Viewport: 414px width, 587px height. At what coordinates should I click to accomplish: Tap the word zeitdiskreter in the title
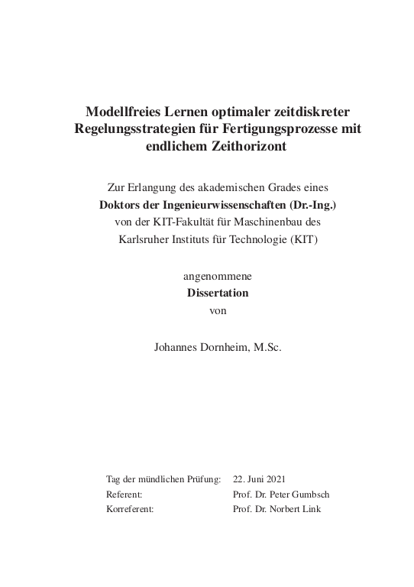pos(312,111)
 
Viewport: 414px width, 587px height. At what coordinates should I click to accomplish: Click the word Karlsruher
pos(143,239)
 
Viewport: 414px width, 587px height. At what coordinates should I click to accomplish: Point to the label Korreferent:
pos(130,509)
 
